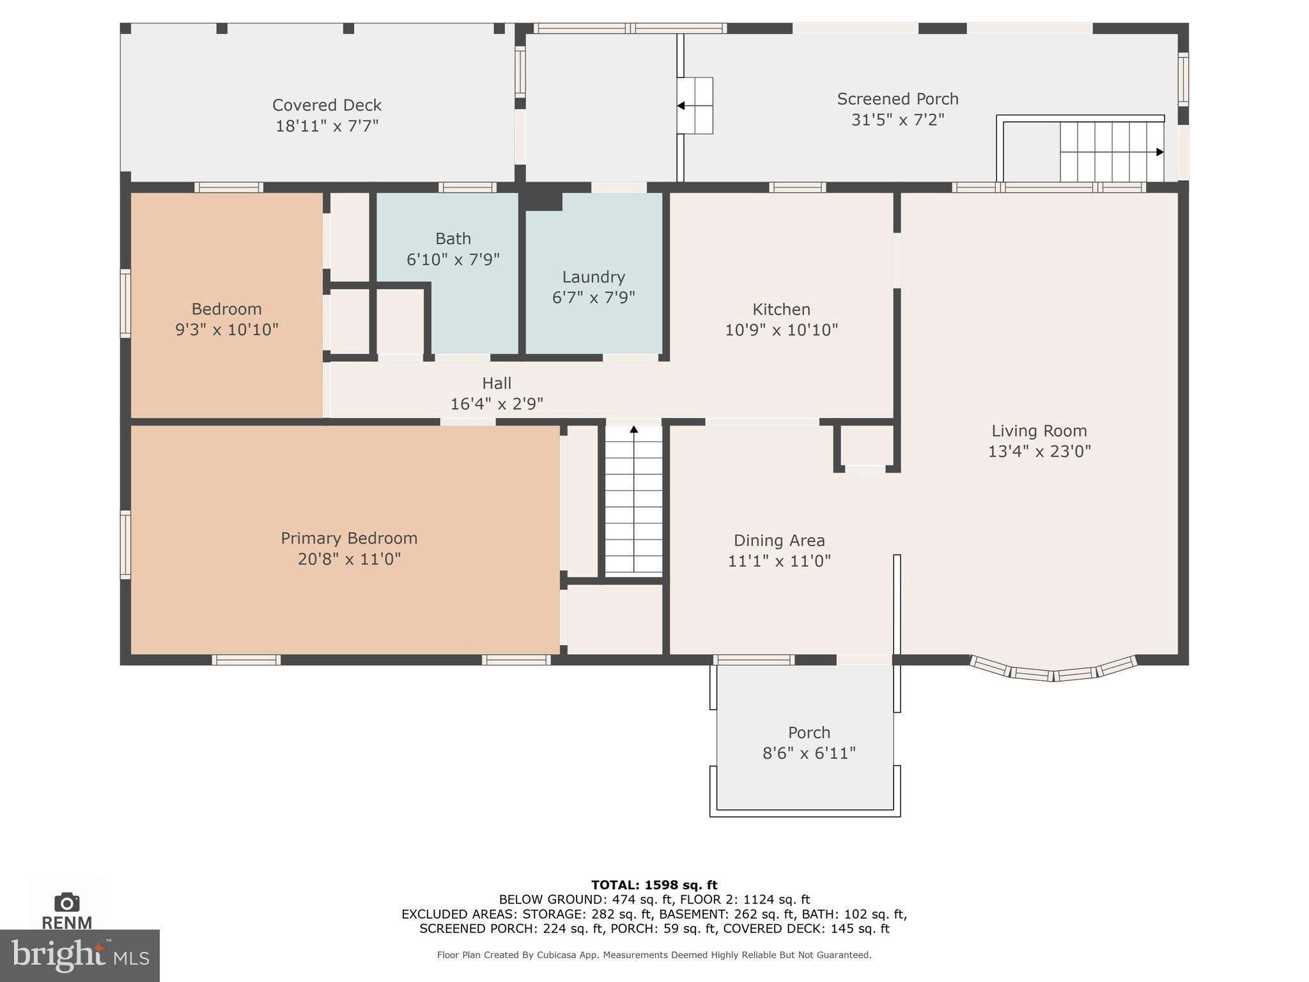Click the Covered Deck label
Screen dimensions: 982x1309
tap(327, 105)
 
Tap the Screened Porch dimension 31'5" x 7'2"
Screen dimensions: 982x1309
tap(897, 120)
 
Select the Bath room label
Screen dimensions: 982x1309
tap(453, 238)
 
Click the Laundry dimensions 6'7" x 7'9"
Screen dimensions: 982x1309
tap(593, 297)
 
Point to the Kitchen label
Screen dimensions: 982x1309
tap(781, 309)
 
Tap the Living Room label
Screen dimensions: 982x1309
tap(1039, 431)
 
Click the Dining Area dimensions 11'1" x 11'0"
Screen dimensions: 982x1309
tap(779, 561)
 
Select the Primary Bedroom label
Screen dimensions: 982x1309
tap(349, 538)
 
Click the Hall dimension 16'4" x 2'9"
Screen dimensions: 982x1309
tap(497, 403)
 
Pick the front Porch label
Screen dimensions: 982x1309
tap(809, 733)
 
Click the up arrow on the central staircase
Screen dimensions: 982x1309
tap(634, 430)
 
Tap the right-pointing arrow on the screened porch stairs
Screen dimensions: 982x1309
tap(1159, 152)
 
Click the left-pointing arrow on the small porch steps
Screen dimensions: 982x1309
tap(681, 105)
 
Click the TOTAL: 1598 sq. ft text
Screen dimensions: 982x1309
tap(654, 885)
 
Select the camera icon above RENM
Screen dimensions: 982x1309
tap(66, 902)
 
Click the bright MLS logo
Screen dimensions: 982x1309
tap(80, 955)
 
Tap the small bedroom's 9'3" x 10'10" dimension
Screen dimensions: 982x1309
tap(227, 330)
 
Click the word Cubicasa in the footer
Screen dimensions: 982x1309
tap(556, 955)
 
